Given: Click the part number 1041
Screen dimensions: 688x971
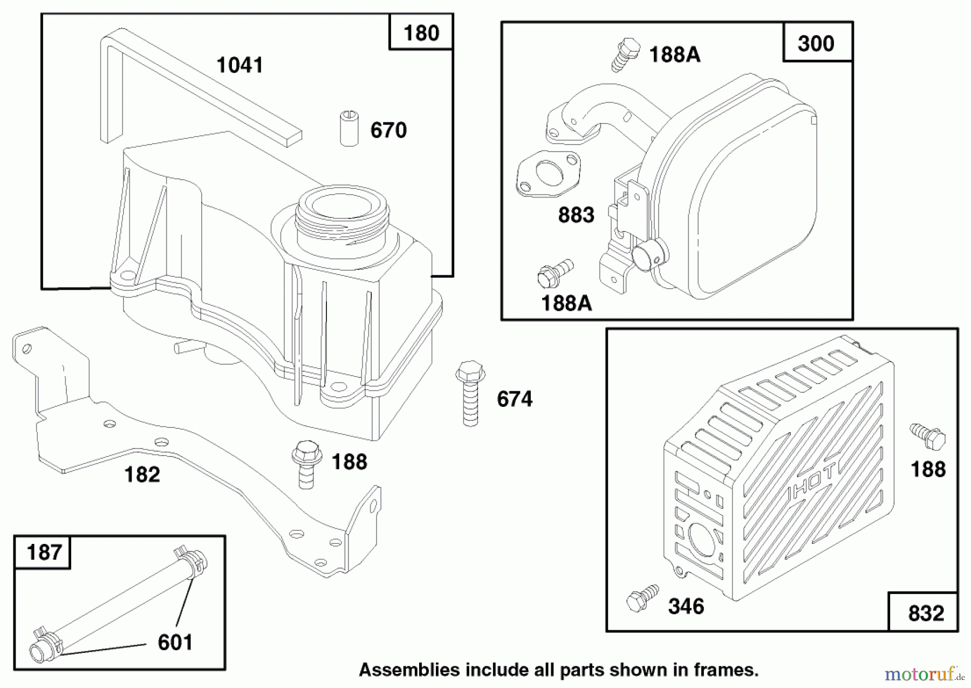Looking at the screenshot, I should tap(240, 65).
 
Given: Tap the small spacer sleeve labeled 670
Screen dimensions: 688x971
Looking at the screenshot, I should tap(349, 128).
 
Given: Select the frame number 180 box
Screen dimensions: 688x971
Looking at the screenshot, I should tap(421, 33).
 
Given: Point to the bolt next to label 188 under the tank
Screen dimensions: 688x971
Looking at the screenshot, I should tap(306, 464).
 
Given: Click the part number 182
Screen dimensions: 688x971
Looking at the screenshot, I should tap(142, 475).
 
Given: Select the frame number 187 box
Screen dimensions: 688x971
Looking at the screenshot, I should tap(43, 553).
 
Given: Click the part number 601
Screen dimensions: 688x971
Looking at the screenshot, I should tap(175, 642).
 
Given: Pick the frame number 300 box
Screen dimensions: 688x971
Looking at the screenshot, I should tap(816, 43).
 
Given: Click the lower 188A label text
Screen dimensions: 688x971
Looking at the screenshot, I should tap(566, 303).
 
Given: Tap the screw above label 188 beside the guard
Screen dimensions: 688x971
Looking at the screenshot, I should tap(928, 436).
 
